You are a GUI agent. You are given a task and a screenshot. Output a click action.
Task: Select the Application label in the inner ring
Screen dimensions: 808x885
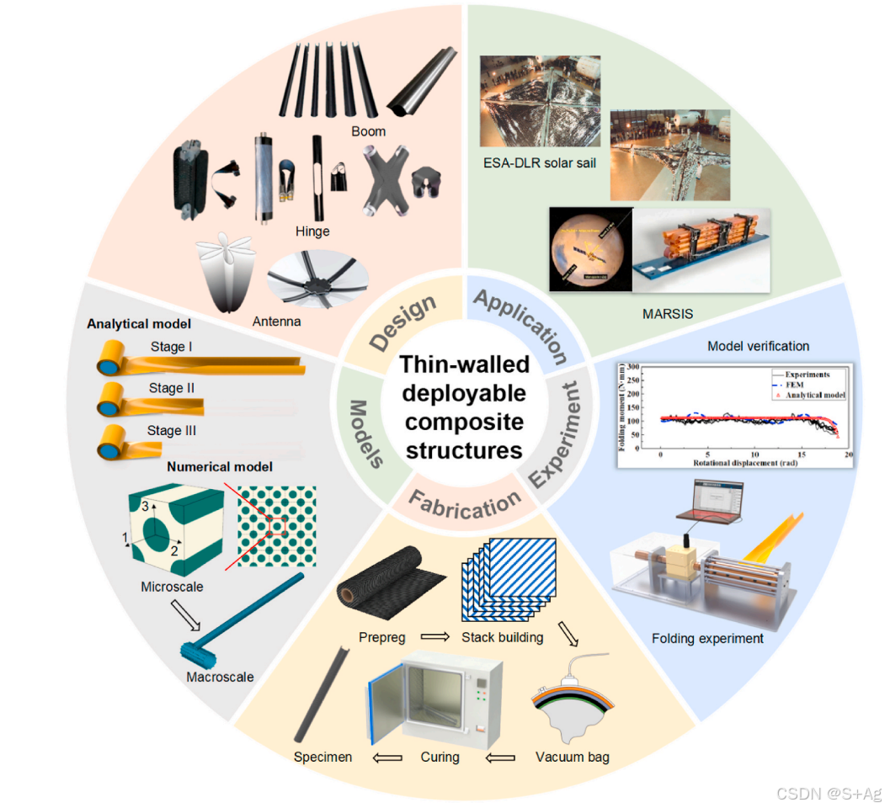coord(520,323)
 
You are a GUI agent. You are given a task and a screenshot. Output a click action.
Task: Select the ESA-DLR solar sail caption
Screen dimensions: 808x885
coord(538,162)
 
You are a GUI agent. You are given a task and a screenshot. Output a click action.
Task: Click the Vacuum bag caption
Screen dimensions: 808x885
coord(572,757)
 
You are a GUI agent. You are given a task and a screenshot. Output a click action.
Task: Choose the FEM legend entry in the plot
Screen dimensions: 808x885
coord(794,385)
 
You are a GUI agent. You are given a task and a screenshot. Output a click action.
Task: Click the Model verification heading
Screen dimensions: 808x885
coord(758,346)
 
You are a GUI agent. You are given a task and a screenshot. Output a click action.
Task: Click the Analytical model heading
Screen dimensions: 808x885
coord(138,323)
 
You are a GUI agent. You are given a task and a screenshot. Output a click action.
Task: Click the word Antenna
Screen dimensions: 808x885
coord(278,322)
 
